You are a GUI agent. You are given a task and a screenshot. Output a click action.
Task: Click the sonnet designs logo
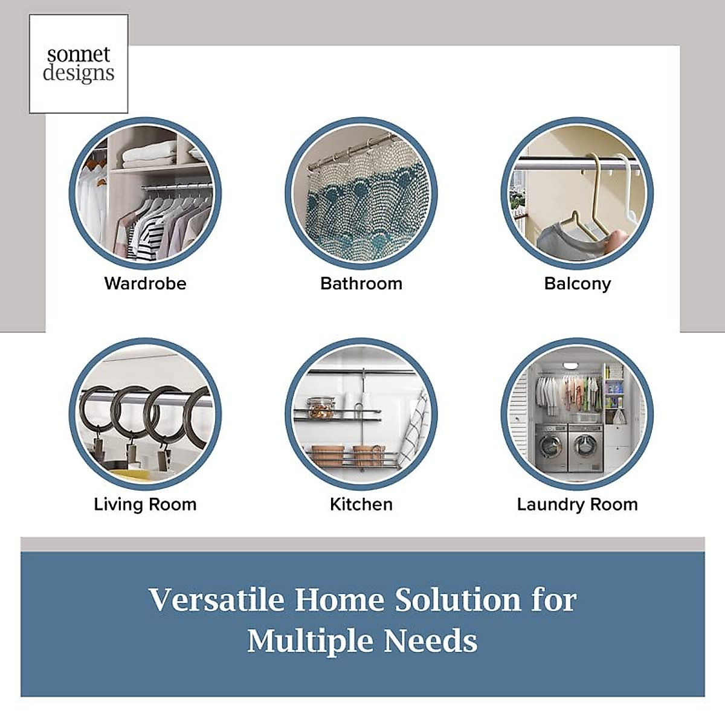[79, 64]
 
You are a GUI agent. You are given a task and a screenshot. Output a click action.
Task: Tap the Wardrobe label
[145, 284]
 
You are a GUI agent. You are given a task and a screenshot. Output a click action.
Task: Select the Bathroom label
[361, 284]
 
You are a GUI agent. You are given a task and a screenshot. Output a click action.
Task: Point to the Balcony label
[578, 284]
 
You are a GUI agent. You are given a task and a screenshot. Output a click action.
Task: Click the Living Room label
[145, 504]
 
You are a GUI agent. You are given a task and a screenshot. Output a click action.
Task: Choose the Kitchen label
[361, 504]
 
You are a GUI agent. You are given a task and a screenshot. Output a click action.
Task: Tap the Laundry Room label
[578, 504]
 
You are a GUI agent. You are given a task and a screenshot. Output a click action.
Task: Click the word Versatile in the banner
[217, 599]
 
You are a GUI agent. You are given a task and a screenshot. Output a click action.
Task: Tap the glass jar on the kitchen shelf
[320, 408]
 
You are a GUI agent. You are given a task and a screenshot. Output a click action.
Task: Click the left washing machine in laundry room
[550, 448]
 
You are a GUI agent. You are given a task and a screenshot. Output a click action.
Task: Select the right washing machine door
[585, 447]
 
